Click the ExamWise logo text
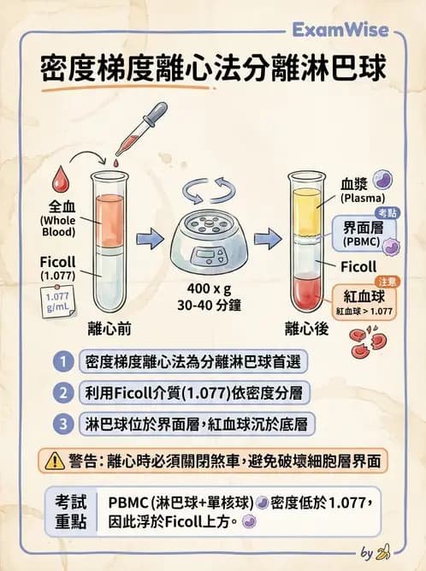340,31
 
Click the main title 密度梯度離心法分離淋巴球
212,68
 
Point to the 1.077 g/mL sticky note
57,303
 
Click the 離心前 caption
109,328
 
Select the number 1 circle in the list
62,361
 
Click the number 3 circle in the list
62,423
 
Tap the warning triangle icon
56,460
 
